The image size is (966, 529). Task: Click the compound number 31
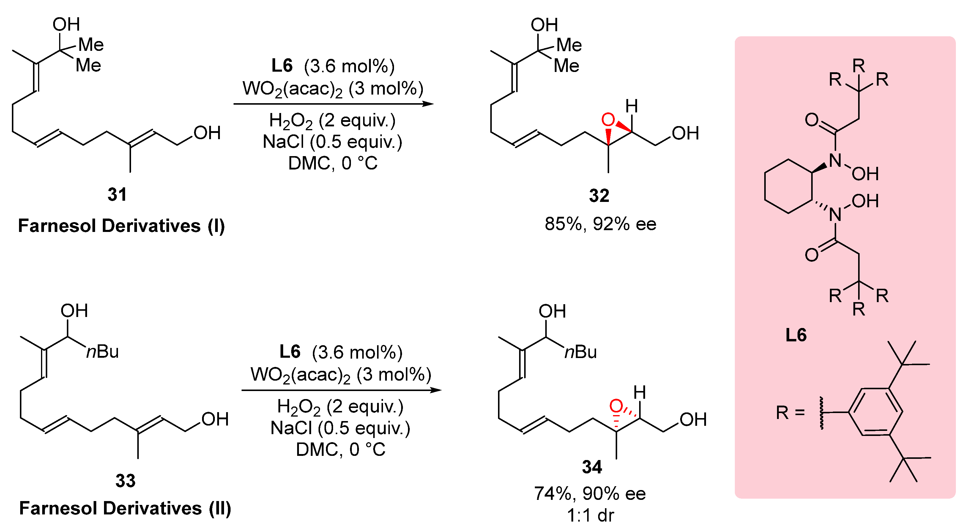point(117,194)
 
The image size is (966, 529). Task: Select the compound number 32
point(599,195)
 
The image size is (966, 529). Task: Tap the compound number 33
point(125,481)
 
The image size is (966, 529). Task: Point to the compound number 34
point(592,467)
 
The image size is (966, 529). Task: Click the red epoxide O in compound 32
point(608,120)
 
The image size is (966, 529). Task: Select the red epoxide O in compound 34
point(616,406)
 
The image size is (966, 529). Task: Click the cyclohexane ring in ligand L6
point(788,186)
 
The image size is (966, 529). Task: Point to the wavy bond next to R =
point(821,413)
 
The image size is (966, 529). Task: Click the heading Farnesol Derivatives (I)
point(121,226)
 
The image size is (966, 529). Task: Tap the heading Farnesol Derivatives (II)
point(125,508)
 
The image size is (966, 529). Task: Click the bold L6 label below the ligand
point(796,335)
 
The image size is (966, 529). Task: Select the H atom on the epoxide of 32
point(631,106)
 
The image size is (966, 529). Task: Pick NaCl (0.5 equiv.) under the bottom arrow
point(340,428)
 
